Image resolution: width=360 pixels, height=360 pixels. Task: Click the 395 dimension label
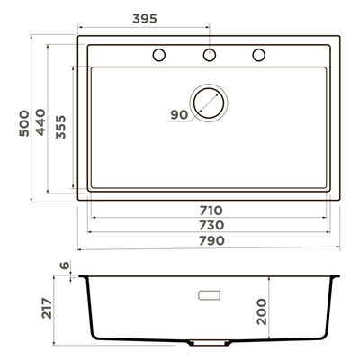145,19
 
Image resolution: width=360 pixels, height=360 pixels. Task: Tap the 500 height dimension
24,123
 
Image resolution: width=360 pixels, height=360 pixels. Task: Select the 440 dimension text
40,122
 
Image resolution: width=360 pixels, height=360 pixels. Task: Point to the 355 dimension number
60,127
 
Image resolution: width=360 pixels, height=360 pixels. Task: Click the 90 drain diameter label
179,114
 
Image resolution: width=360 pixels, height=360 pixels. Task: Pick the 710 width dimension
211,211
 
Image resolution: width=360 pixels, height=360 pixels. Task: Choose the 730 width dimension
211,225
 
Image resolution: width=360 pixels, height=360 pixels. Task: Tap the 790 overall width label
211,240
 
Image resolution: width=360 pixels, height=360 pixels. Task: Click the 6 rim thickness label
65,265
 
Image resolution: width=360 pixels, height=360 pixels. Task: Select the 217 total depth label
47,308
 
